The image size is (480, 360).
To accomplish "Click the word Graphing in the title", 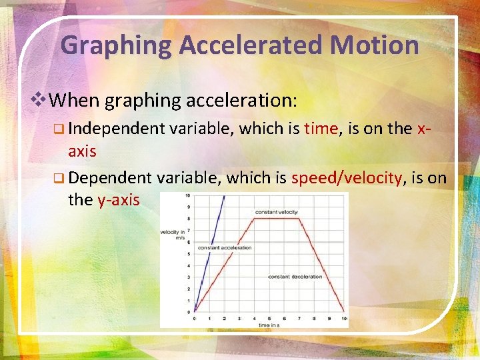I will (117, 45).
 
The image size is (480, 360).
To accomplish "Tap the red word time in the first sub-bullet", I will (321, 129).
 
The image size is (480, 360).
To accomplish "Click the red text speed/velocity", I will (347, 177).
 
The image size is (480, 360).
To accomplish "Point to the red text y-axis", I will (119, 199).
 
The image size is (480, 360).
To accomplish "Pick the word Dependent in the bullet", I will (110, 177).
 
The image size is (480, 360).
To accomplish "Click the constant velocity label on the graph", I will (276, 212).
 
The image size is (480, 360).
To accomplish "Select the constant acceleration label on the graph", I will (225, 247).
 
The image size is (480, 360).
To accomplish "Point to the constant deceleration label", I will (295, 277).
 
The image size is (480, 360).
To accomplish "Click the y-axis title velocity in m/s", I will (173, 233).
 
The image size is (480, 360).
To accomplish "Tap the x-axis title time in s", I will (269, 325).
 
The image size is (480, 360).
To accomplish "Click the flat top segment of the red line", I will (277, 219).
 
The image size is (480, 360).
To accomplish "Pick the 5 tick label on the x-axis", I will (269, 319).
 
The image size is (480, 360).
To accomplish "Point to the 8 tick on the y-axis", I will (188, 219).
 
